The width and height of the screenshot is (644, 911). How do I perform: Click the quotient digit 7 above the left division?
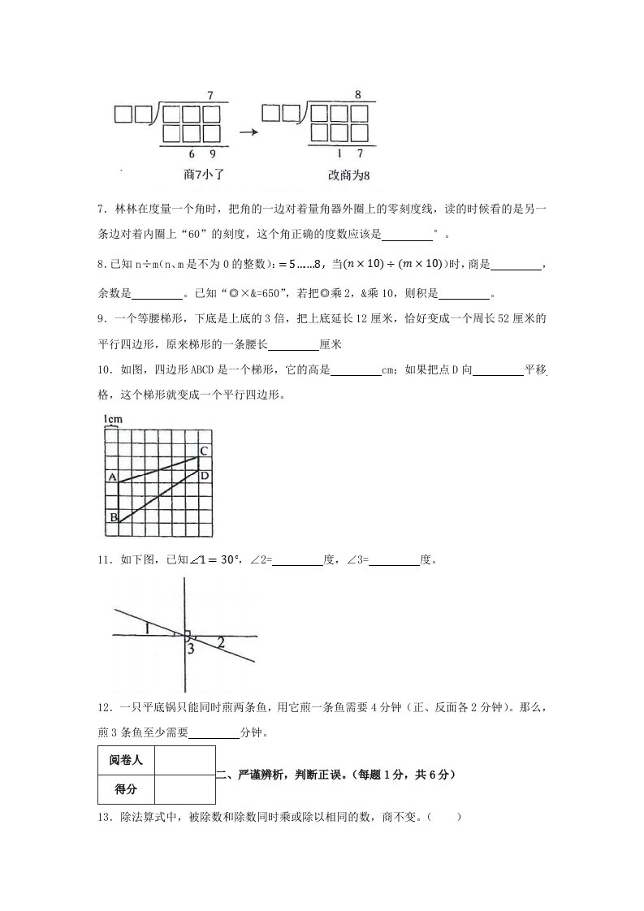click(210, 96)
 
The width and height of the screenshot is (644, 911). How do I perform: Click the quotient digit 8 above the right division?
click(357, 95)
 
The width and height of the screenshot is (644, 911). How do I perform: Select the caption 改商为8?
click(343, 174)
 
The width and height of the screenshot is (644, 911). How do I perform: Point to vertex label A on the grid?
click(112, 476)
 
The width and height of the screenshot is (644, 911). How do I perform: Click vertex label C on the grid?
click(205, 450)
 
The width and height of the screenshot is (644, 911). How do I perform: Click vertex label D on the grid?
click(205, 475)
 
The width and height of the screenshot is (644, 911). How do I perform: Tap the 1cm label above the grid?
click(112, 419)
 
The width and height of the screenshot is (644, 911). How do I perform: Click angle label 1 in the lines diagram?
click(146, 628)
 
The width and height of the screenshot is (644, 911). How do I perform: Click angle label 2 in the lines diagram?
click(221, 643)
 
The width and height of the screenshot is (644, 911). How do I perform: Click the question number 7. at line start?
click(100, 211)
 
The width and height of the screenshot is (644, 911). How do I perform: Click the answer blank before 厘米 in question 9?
click(293, 343)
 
